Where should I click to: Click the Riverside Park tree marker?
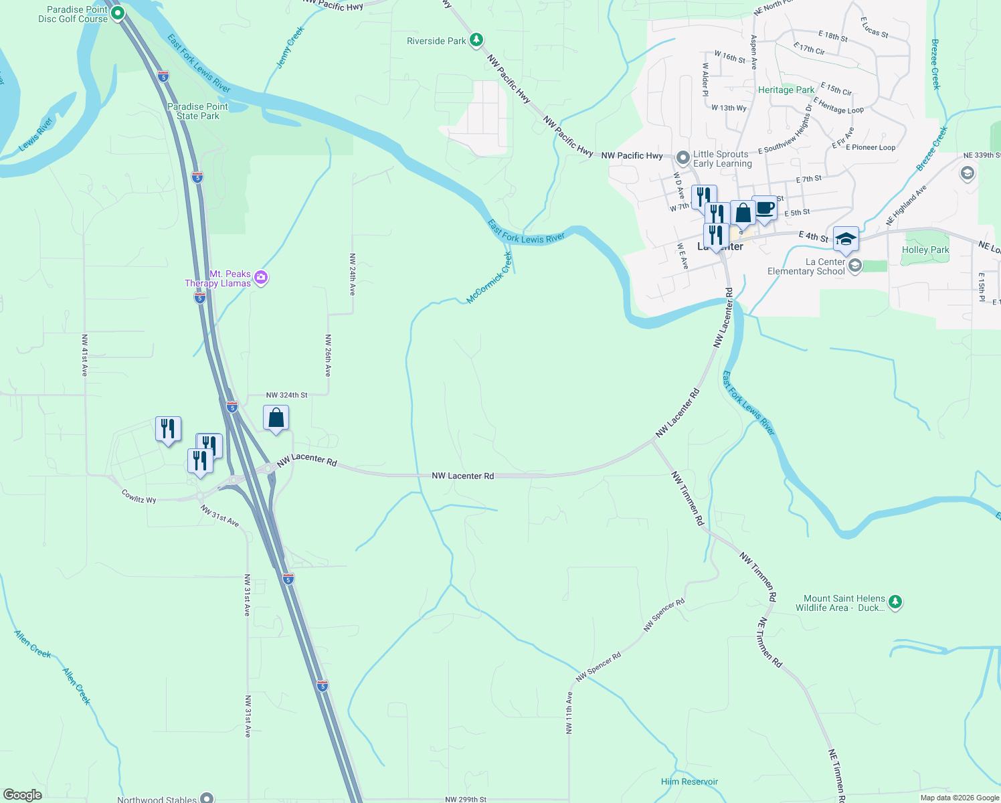(476, 40)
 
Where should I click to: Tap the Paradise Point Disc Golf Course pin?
(118, 13)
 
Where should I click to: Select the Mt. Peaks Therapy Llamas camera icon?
(262, 278)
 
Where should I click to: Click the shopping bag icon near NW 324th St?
(276, 418)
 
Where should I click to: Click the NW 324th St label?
(286, 395)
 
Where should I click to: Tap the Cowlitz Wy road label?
(139, 496)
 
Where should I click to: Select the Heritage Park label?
(786, 90)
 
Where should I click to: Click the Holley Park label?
(925, 250)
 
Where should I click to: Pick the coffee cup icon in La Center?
(765, 208)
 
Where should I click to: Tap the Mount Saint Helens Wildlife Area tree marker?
(895, 602)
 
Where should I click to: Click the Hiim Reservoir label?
(689, 782)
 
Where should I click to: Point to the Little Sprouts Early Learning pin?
(682, 158)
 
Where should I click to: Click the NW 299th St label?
(466, 799)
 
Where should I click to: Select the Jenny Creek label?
(290, 48)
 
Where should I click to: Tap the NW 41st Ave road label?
(84, 355)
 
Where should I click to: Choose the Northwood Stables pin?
(207, 798)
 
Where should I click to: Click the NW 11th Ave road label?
(569, 713)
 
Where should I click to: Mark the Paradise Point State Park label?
(197, 111)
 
